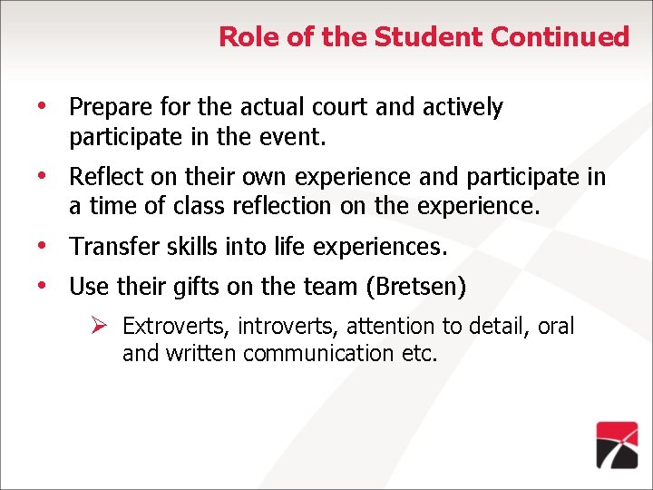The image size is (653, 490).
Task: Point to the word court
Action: coord(336,107)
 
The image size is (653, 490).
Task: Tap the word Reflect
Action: coord(104,176)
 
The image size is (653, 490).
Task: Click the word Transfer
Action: coord(109,247)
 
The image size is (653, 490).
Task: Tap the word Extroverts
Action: coord(176,327)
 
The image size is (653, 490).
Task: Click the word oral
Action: coord(556,327)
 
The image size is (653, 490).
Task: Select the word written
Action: coord(203,353)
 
